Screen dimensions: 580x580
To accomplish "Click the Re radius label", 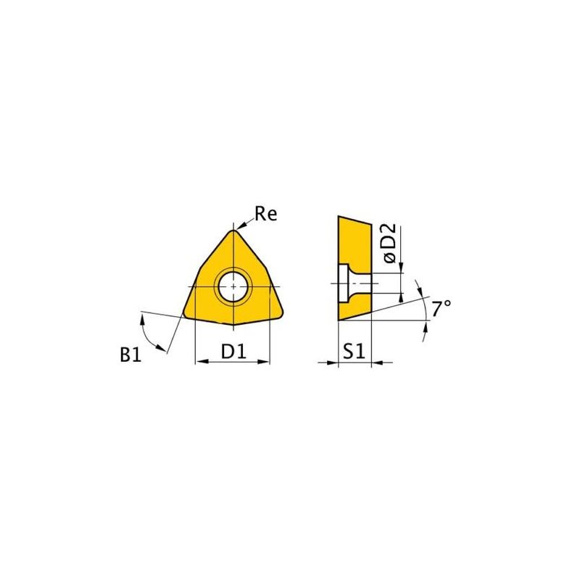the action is click(265, 214).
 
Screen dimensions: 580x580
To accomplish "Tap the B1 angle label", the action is click(130, 355).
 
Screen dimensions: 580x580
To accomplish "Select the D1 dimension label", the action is click(233, 351).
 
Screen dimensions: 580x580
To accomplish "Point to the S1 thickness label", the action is click(354, 351).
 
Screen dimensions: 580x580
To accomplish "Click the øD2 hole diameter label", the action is click(390, 244).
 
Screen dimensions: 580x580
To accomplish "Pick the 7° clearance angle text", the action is click(442, 309).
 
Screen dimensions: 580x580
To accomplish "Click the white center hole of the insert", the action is click(233, 286).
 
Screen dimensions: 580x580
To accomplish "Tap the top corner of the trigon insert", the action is click(233, 231).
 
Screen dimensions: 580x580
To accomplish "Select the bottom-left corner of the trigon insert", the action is click(184, 315).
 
